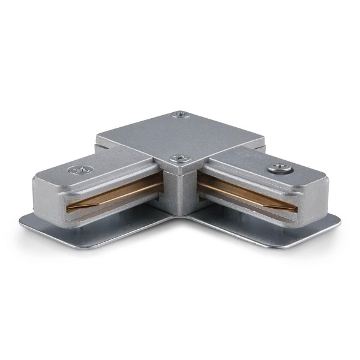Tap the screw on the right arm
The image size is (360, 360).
point(277,169)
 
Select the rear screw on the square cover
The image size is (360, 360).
point(179,115)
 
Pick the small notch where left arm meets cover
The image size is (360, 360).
point(99,145)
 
